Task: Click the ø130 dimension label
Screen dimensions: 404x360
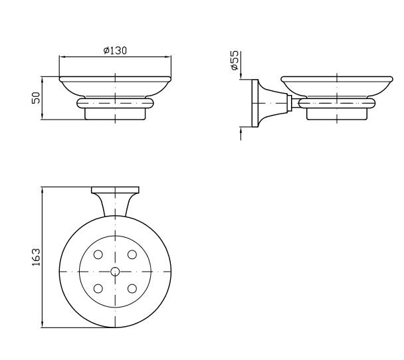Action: (x=115, y=50)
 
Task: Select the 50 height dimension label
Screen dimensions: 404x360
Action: (x=37, y=98)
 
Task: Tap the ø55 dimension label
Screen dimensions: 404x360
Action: (x=235, y=60)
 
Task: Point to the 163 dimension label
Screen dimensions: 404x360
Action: (x=37, y=257)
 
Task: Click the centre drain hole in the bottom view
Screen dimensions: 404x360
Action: (x=115, y=272)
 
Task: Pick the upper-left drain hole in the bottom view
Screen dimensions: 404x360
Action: (x=98, y=254)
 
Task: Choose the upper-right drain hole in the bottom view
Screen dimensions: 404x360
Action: (x=132, y=254)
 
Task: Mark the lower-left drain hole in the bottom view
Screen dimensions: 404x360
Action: (x=98, y=288)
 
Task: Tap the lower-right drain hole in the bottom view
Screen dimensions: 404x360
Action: (x=132, y=288)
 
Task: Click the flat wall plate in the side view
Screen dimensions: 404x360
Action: (x=255, y=103)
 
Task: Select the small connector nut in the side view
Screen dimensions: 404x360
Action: (x=289, y=103)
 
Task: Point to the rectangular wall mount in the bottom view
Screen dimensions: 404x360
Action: (x=115, y=190)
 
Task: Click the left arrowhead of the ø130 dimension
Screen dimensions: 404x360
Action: (x=62, y=56)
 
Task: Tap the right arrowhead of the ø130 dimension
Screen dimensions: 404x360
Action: (x=169, y=56)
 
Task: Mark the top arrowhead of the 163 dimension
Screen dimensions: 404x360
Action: (x=42, y=190)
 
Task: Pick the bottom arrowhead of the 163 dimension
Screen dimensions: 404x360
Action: (x=42, y=324)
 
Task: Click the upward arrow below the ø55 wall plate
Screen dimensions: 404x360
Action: (x=241, y=134)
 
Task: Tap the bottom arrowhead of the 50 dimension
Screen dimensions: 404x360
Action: (x=42, y=116)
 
